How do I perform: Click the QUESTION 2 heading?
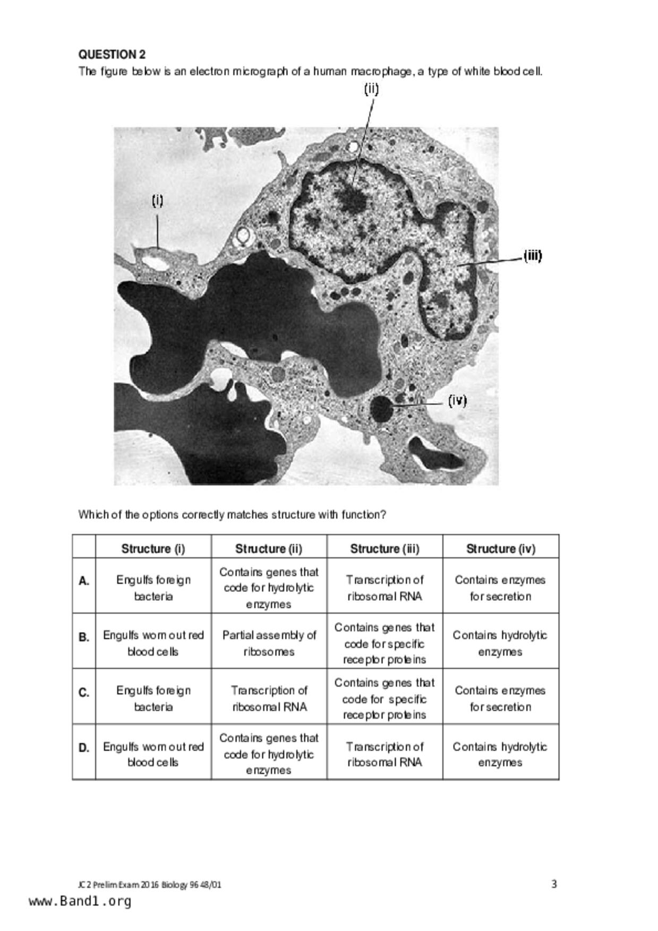112,54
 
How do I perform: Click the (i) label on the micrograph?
158,201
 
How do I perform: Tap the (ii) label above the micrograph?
371,89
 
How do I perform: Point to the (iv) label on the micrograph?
457,400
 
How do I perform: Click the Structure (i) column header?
153,548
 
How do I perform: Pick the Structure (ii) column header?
269,548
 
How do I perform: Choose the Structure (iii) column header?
384,548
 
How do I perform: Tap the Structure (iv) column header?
500,548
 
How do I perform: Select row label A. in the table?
84,581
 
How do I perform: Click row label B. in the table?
84,637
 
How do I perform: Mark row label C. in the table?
84,693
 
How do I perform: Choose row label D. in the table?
84,748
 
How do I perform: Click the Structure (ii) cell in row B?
269,643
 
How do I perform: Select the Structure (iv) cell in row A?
500,588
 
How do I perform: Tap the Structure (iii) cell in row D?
384,754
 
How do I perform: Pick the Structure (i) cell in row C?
153,699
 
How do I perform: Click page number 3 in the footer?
554,884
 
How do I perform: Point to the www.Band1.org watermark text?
80,901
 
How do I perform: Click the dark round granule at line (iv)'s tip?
381,409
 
